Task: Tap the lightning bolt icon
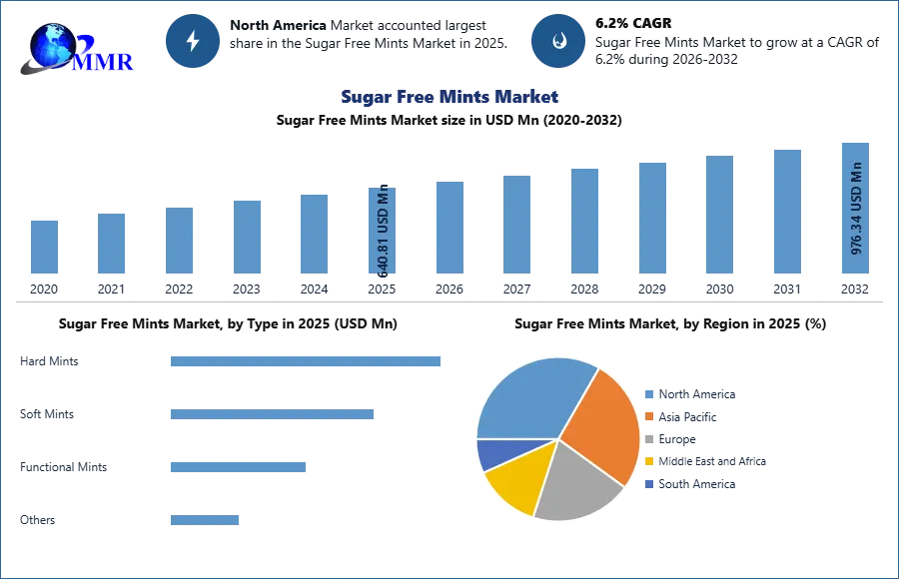point(193,41)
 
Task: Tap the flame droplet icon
point(558,41)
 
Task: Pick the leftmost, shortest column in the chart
point(44,247)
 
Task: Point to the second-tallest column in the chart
point(786,212)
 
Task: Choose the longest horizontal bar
point(307,359)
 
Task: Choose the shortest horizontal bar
point(204,519)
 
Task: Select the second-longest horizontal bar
point(271,414)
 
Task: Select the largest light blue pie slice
point(529,399)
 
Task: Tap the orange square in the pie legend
point(649,416)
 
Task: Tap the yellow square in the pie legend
point(649,462)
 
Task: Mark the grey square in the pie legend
point(649,439)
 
